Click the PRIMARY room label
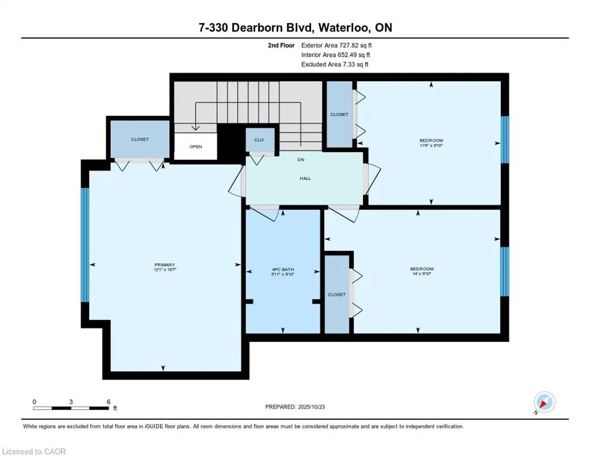pyautogui.click(x=164, y=265)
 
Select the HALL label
pyautogui.click(x=305, y=178)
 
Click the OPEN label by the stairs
pyautogui.click(x=195, y=146)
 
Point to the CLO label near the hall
pyautogui.click(x=259, y=140)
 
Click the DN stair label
pyautogui.click(x=301, y=160)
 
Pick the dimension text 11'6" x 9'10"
pyautogui.click(x=431, y=145)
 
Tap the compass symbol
pyautogui.click(x=544, y=403)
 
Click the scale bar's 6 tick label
pyautogui.click(x=108, y=401)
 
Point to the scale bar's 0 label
pyautogui.click(x=34, y=401)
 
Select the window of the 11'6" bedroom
pyautogui.click(x=505, y=140)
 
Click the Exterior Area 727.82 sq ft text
pyautogui.click(x=336, y=45)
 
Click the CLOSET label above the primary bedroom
pyautogui.click(x=139, y=140)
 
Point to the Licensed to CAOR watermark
pyautogui.click(x=34, y=451)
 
